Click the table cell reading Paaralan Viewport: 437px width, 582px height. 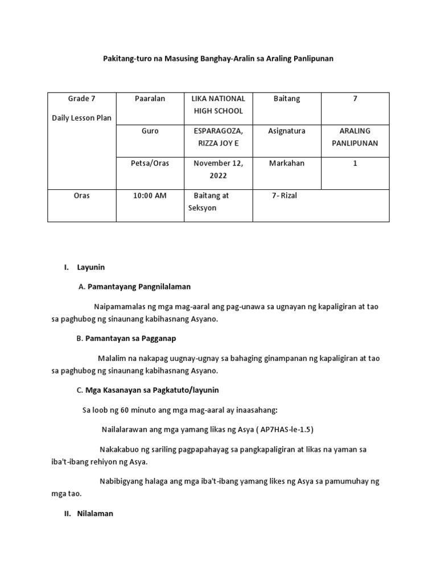pos(150,99)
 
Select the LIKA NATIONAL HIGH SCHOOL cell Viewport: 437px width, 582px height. pos(218,105)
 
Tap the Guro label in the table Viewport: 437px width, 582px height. pos(150,131)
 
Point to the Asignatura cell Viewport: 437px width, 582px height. pos(286,131)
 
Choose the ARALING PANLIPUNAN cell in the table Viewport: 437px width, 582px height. pos(354,137)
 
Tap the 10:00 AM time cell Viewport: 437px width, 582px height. pos(150,196)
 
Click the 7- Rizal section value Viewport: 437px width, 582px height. pos(285,196)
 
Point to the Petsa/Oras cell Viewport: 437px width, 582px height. pos(150,164)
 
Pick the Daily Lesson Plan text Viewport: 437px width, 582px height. pos(82,118)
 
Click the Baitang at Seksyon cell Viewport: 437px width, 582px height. pos(209,202)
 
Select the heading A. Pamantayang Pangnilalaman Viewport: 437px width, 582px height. pos(134,287)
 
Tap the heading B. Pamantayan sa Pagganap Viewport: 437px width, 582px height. pos(126,339)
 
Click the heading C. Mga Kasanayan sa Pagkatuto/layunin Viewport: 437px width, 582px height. pos(147,390)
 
